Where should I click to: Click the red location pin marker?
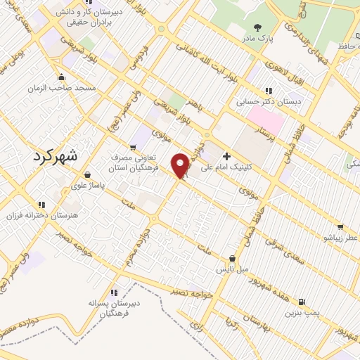pos(181,165)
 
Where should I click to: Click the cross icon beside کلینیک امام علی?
pos(226,156)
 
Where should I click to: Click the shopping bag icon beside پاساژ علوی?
pos(86,175)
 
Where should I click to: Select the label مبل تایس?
pos(232,269)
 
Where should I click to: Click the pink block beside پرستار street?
pos(266,120)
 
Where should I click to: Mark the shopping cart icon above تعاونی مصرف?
pos(133,146)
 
